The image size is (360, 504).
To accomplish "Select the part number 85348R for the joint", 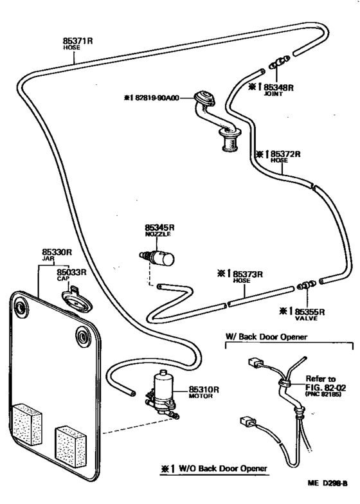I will pyautogui.click(x=278, y=85).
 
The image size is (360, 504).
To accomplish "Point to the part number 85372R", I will pyautogui.click(x=286, y=154).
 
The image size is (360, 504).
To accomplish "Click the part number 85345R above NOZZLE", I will pyautogui.click(x=159, y=228).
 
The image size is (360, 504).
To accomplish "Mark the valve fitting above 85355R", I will pyautogui.click(x=306, y=283).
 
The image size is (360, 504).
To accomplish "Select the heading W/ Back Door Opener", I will pyautogui.click(x=265, y=337).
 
